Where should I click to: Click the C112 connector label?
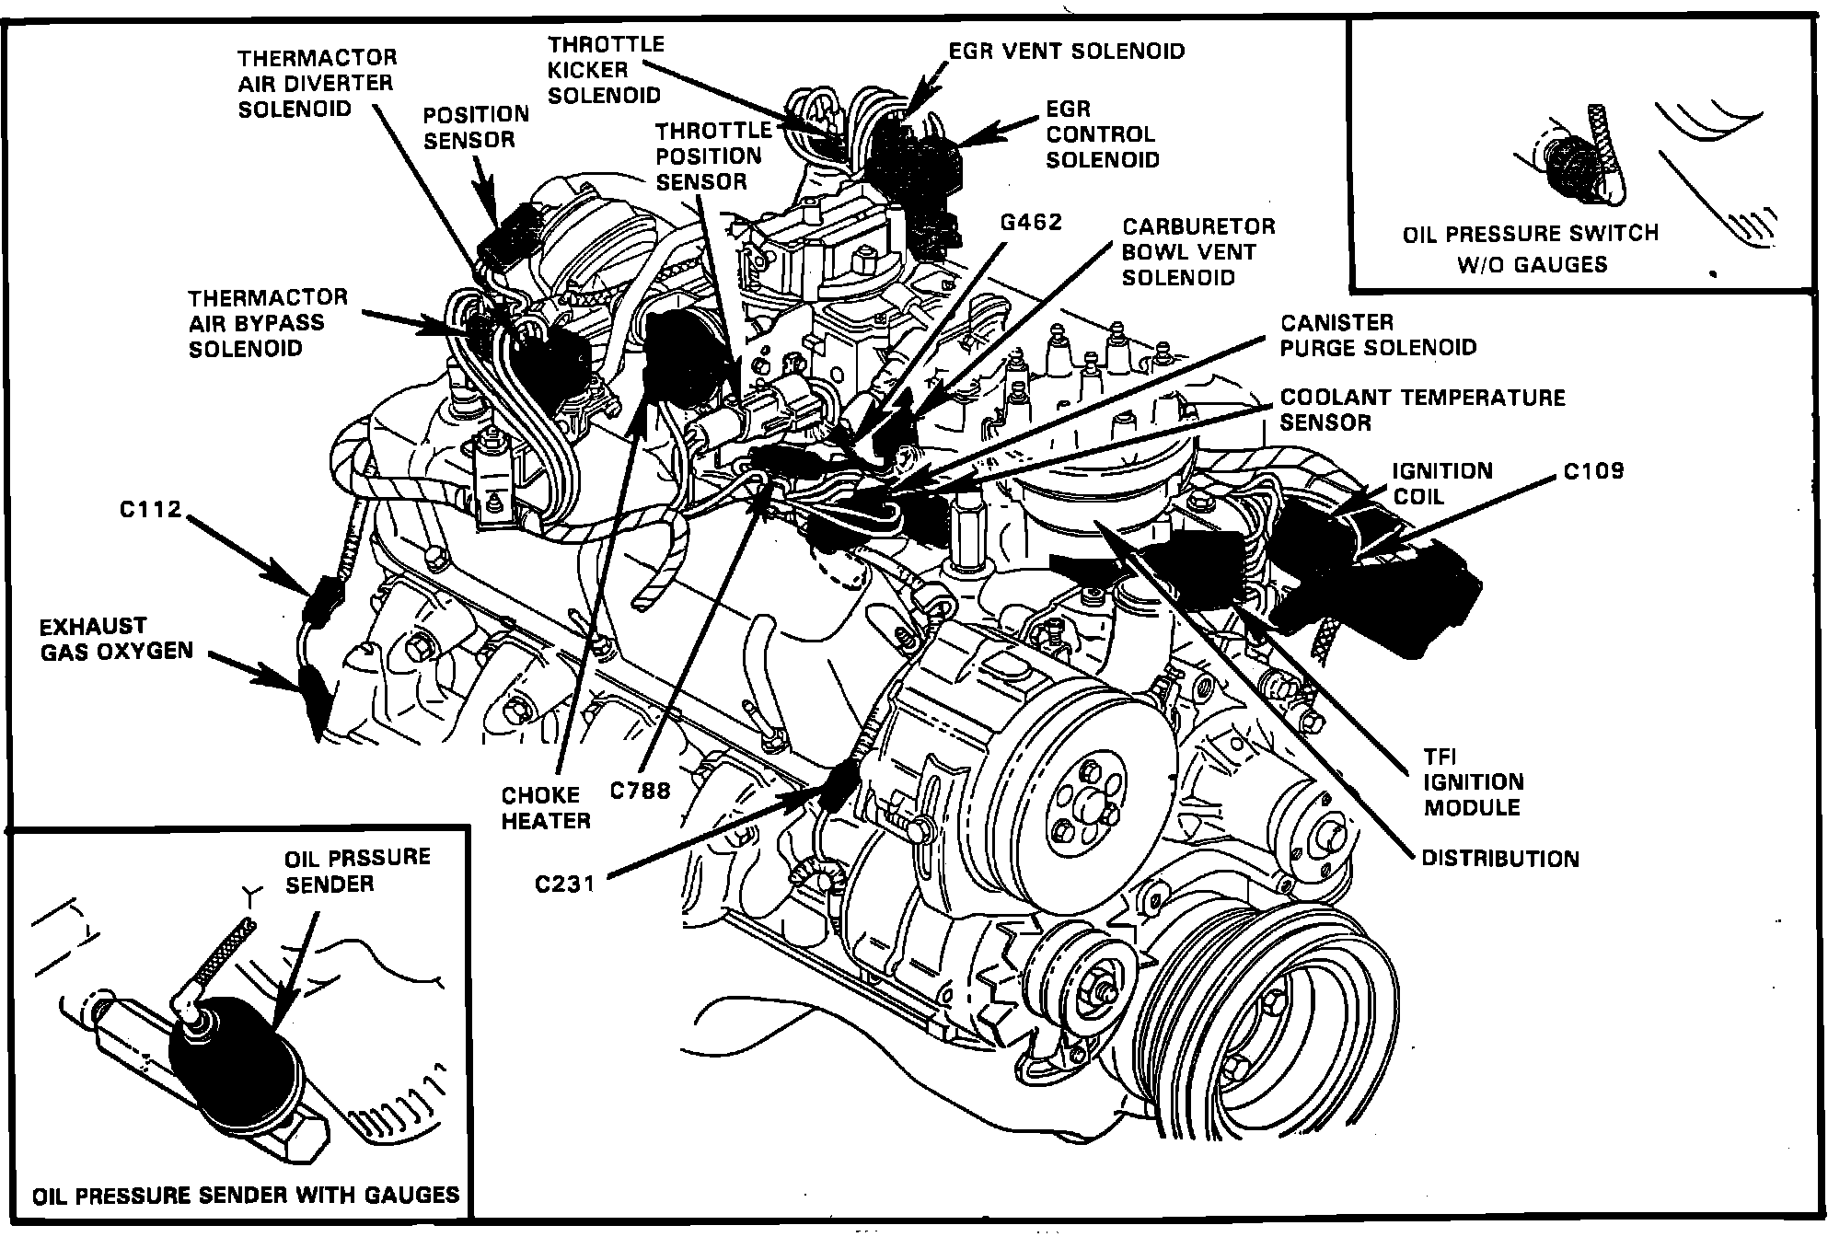(150, 508)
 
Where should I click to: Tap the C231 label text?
(564, 884)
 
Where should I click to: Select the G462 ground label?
(1030, 222)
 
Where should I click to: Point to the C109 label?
(1593, 471)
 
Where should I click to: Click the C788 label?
(641, 791)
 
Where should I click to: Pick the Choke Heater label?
(545, 807)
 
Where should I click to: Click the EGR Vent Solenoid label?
(1067, 51)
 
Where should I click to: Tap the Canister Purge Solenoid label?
(1378, 335)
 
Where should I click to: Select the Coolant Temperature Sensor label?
(1422, 410)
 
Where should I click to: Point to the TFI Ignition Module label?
(1473, 782)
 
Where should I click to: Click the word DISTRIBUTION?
(1499, 859)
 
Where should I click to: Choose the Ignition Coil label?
(1441, 483)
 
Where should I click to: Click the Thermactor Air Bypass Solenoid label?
(268, 323)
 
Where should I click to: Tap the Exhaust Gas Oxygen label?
(116, 639)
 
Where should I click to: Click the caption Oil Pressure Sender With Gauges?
(246, 1196)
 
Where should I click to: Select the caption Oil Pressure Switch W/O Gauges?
(1530, 249)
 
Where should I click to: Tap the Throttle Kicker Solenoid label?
(605, 70)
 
